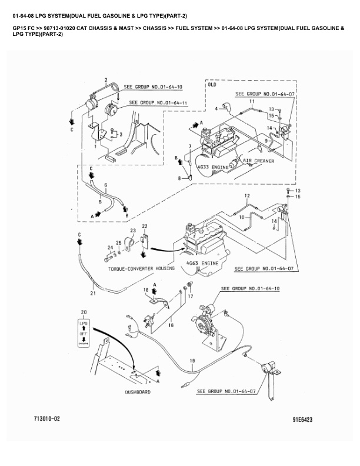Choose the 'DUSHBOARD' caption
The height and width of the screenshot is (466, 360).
pos(138,391)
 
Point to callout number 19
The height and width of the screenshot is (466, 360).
pos(192,361)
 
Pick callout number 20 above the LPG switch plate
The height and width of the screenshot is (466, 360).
pos(84,311)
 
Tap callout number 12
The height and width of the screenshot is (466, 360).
pos(247,195)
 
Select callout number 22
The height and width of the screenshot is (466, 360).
pos(145,226)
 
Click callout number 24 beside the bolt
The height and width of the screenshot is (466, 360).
pos(109,247)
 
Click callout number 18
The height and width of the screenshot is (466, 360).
pos(146,291)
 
